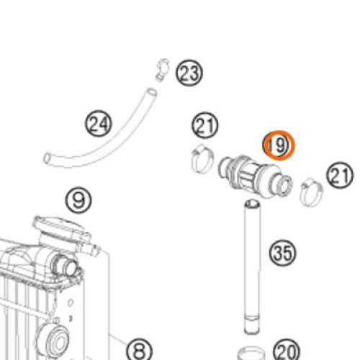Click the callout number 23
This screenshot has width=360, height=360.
tap(189, 73)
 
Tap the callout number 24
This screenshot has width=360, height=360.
tap(99, 124)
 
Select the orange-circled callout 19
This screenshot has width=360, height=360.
tap(279, 145)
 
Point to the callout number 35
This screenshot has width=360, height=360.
tap(283, 253)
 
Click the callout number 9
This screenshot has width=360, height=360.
tap(78, 199)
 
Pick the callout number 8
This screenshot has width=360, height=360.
tap(139, 351)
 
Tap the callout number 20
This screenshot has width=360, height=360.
tap(287, 351)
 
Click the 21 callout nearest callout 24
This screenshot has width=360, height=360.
tap(205, 125)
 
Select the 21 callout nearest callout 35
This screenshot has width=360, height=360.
tap(340, 175)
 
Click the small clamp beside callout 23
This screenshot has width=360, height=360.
tap(163, 69)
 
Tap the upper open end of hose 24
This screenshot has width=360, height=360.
tap(151, 92)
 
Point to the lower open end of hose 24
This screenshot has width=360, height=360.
tap(47, 158)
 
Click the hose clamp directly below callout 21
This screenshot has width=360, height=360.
tap(202, 158)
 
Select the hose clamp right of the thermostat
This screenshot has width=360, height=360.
tap(311, 192)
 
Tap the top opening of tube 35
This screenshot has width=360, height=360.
tap(252, 204)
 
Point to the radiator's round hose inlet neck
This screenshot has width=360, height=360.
tap(67, 265)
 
